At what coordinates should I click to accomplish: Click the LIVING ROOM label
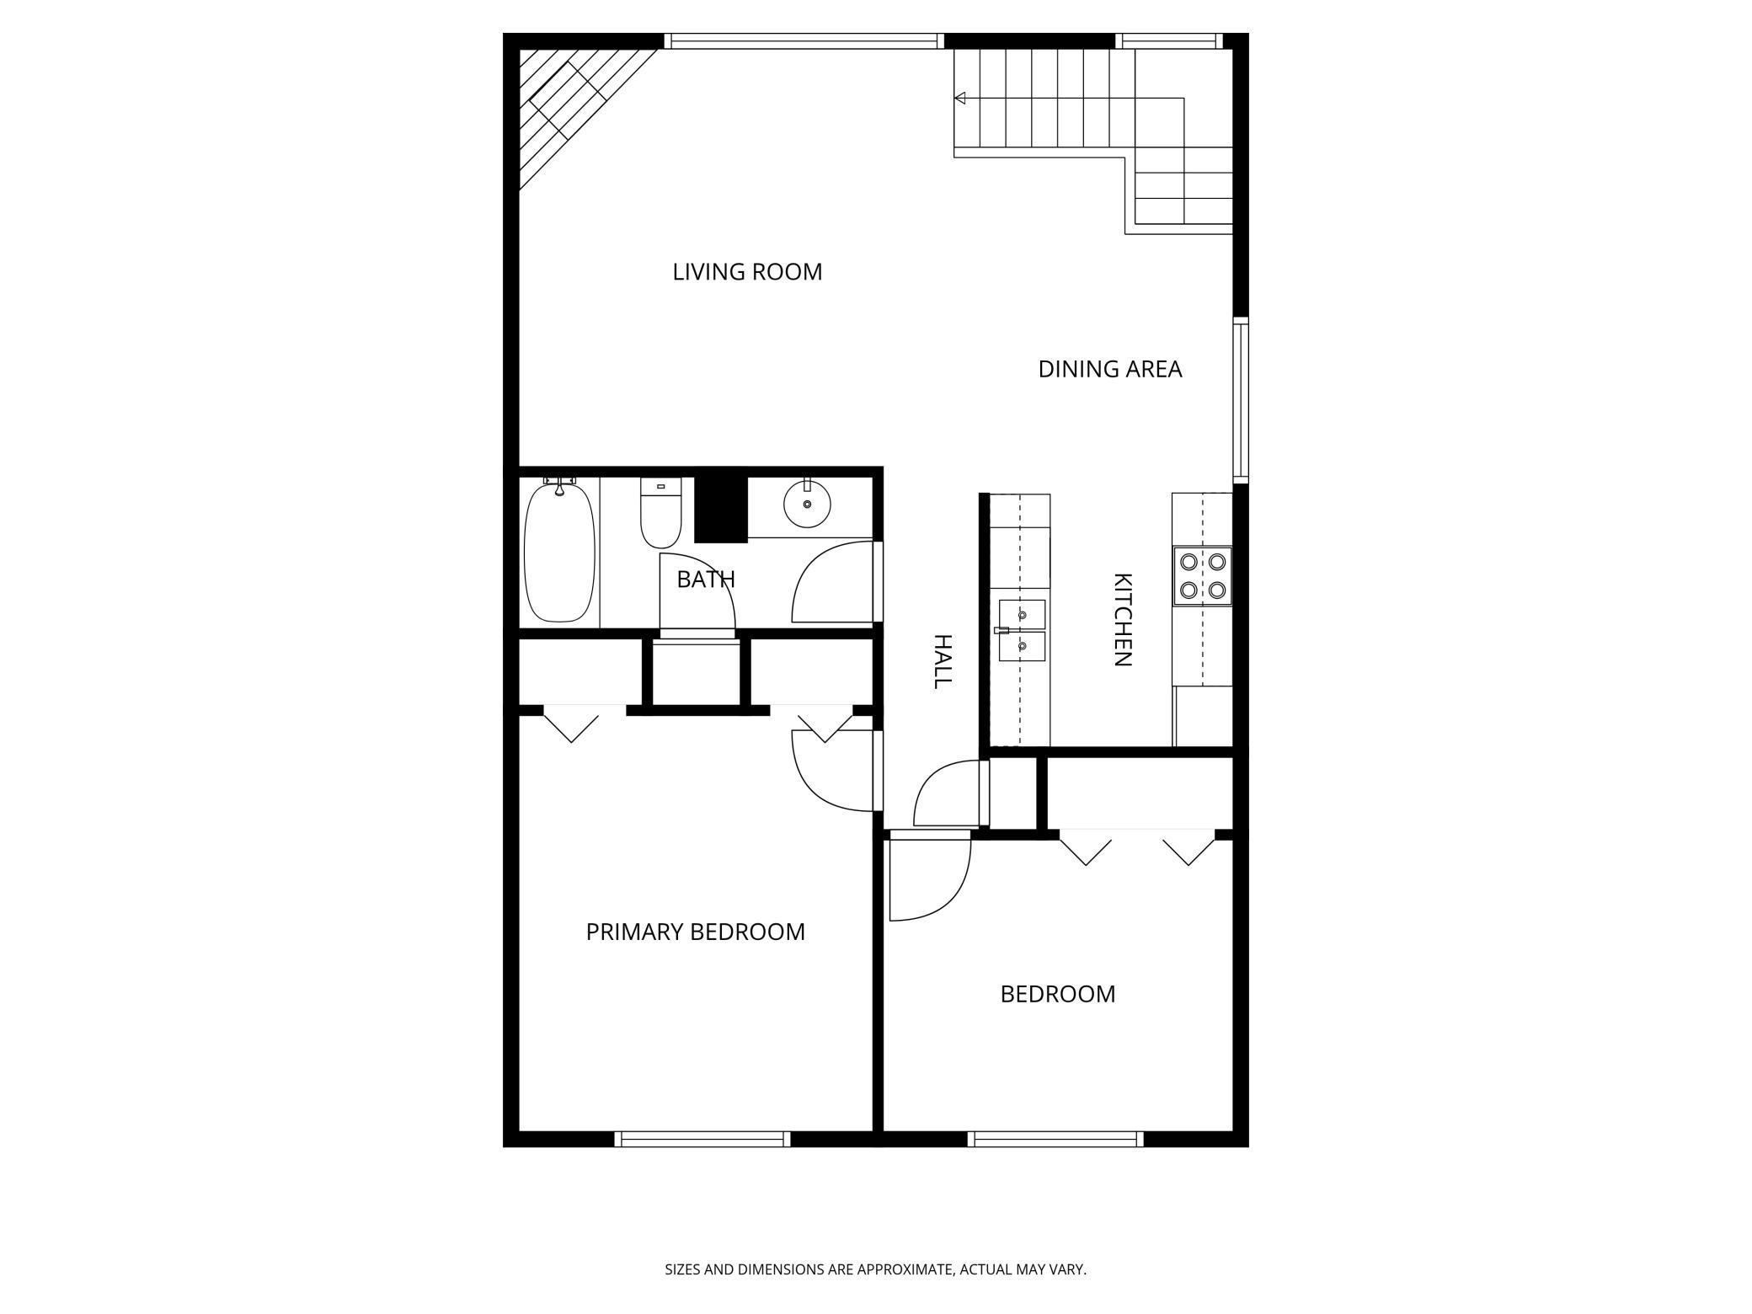747,272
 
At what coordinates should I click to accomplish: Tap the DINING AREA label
1109,369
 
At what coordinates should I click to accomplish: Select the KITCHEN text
1122,620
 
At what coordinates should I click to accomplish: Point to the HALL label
942,661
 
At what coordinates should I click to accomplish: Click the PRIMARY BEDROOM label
695,932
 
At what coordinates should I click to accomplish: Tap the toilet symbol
660,515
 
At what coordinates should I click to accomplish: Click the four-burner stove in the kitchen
1202,576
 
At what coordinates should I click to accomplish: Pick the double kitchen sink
1023,631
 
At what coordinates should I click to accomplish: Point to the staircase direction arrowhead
959,99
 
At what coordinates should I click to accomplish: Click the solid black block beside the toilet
721,510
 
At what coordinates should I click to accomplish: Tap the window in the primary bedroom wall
702,1139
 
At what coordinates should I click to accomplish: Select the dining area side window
1241,400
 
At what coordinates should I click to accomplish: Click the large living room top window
803,40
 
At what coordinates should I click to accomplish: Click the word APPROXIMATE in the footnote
904,1269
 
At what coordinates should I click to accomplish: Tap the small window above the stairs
1168,40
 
